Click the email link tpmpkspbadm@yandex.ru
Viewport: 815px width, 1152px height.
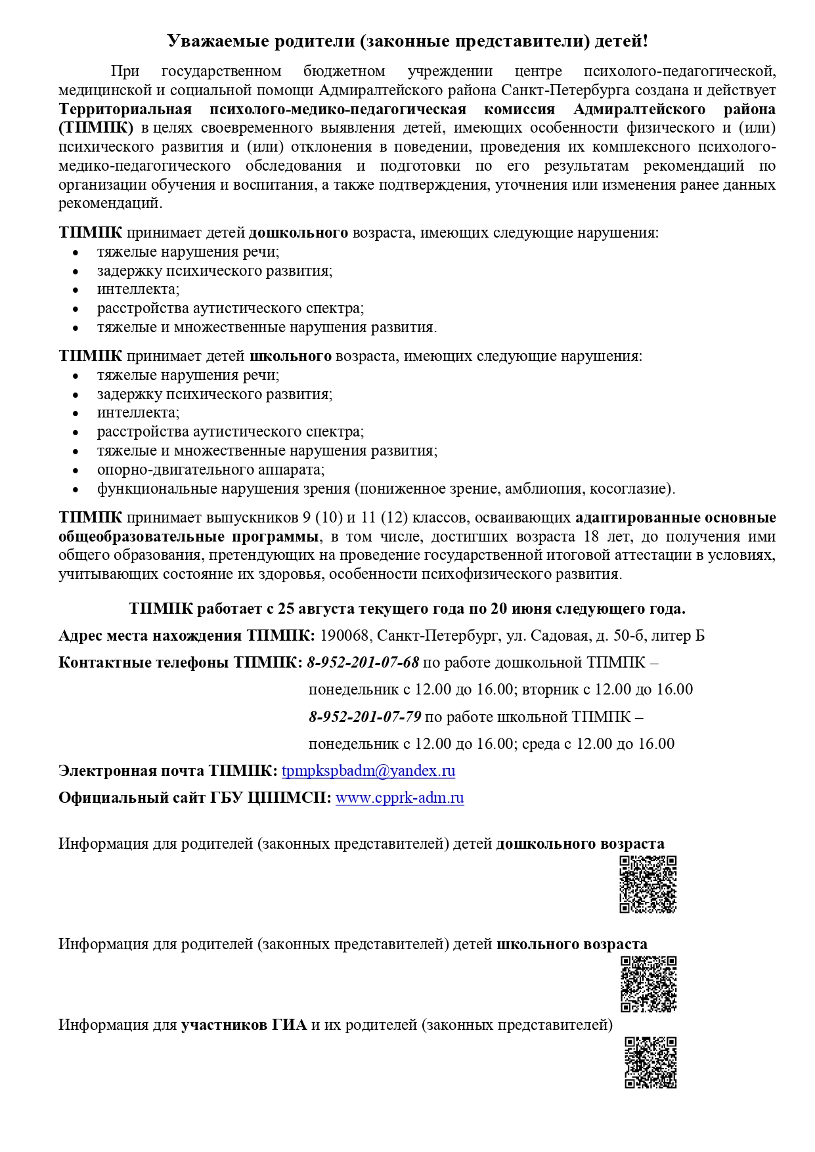coord(368,771)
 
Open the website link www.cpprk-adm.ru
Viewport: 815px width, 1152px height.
coord(399,798)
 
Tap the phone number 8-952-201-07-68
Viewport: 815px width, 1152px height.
coord(363,662)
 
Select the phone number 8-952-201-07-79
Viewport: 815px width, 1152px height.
coord(364,716)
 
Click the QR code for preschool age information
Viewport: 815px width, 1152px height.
coord(648,884)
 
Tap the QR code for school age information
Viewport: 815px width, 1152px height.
coord(648,984)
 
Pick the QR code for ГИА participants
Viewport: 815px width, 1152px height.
coord(650,1062)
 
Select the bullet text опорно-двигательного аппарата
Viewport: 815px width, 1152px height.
coord(211,469)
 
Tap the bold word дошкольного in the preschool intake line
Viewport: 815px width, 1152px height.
coord(298,232)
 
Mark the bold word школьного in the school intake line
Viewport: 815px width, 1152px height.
coord(290,356)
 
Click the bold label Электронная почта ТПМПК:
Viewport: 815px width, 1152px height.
coord(167,771)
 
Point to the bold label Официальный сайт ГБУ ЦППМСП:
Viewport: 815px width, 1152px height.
coord(194,798)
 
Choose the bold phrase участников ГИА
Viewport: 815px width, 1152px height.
coord(244,1024)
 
